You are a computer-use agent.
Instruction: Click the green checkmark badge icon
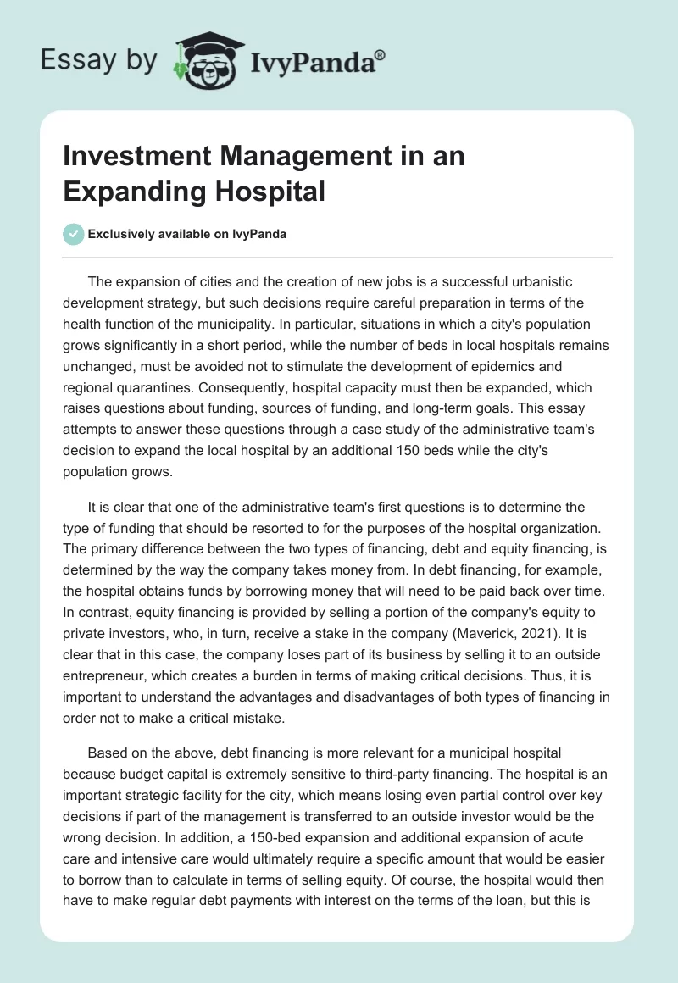coord(74,234)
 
